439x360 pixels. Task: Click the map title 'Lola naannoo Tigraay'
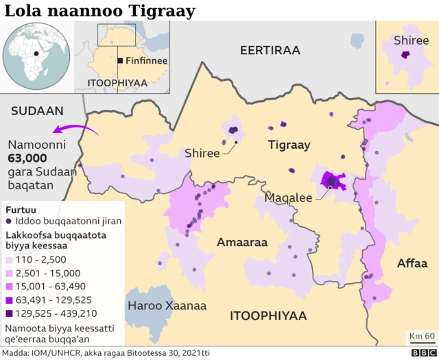[99, 11]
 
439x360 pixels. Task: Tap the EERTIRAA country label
[270, 51]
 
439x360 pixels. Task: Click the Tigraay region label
[289, 145]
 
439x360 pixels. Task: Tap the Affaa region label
[412, 263]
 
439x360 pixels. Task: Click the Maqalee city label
[289, 197]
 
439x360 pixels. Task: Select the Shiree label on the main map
[202, 154]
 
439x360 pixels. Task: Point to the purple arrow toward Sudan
[69, 130]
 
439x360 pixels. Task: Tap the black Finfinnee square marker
[120, 60]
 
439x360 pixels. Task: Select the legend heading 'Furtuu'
[20, 208]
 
